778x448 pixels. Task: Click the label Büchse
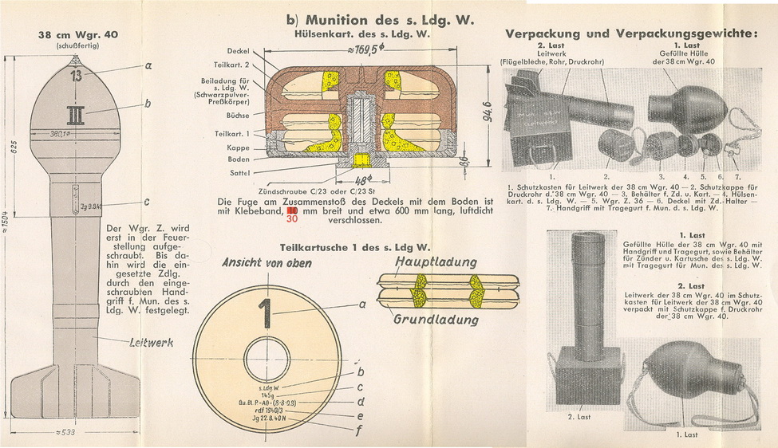tap(240, 116)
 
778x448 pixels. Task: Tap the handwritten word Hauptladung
tap(434, 262)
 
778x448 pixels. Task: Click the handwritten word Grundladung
tap(436, 320)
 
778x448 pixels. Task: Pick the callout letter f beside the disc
tap(361, 426)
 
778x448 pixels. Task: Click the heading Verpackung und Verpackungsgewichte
tap(630, 34)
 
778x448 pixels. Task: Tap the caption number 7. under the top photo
tap(738, 175)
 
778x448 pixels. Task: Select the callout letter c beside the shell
tap(147, 202)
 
